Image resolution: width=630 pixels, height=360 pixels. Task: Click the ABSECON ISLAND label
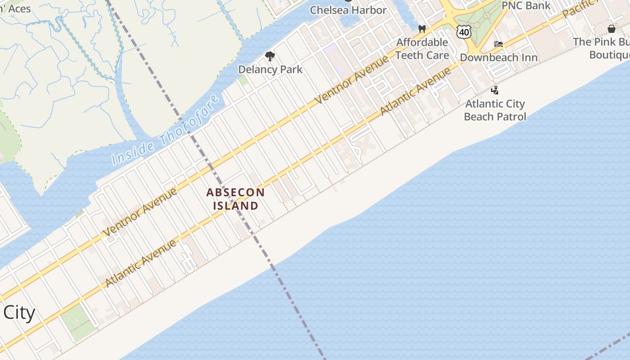tap(235, 199)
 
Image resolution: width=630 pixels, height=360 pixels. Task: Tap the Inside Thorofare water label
tap(166, 130)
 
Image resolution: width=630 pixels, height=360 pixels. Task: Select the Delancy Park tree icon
tap(270, 56)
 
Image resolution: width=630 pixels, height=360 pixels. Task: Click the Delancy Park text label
tap(270, 70)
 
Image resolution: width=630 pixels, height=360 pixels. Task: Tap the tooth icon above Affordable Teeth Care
tap(422, 29)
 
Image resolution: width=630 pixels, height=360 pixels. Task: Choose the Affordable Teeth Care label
tap(422, 49)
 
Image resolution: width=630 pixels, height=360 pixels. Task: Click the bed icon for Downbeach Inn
tap(499, 44)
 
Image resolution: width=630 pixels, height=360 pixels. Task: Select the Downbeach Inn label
tap(499, 58)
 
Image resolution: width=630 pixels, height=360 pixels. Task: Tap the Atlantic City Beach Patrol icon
tap(495, 90)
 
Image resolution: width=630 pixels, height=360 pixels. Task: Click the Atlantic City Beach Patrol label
tap(495, 110)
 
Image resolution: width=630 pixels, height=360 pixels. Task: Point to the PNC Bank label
tap(526, 5)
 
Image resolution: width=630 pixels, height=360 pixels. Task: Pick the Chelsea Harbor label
tap(348, 10)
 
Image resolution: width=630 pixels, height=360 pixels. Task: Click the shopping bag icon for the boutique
tap(612, 29)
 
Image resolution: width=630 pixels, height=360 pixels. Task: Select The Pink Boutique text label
tap(603, 48)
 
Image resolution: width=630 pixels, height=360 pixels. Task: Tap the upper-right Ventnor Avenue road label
tap(351, 80)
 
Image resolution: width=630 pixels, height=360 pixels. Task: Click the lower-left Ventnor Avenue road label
tap(140, 212)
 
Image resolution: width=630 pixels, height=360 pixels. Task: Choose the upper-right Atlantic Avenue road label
tap(416, 91)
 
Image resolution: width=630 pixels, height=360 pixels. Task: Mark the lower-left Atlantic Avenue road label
tap(141, 264)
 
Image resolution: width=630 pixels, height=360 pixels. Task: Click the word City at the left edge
tap(19, 312)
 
